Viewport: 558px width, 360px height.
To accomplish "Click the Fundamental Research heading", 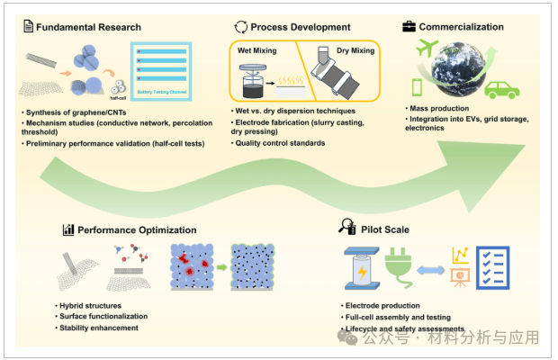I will click(87, 27).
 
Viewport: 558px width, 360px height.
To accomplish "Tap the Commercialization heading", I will click(462, 27).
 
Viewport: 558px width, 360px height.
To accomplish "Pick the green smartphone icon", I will click(418, 87).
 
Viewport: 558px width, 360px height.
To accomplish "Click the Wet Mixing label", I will click(257, 51).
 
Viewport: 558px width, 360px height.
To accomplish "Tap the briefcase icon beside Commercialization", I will click(409, 27).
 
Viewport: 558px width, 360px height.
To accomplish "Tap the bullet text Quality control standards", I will click(280, 143).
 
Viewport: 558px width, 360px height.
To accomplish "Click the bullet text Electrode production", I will click(382, 306).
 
